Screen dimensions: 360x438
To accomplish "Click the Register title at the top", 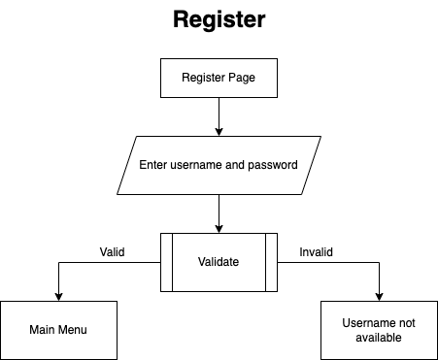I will point(219,19).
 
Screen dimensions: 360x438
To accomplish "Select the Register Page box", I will point(219,78).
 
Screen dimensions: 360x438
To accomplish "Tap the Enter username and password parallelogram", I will point(219,165).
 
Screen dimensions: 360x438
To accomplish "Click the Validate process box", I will point(219,261).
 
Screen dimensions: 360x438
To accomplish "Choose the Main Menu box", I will point(58,330).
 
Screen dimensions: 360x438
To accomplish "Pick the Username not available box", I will point(378,330).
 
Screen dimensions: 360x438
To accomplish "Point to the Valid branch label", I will point(113,251).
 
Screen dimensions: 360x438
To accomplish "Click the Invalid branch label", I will point(316,251).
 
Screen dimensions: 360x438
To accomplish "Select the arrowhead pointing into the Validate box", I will point(219,227).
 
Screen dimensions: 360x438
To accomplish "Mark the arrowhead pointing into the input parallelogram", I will point(219,130).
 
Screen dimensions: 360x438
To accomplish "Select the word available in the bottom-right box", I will point(378,338).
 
